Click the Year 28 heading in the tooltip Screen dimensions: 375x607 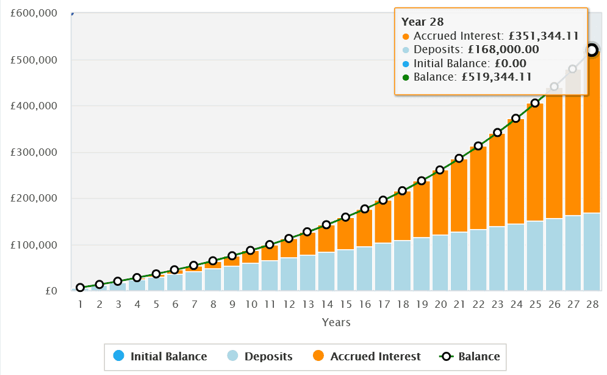(x=423, y=22)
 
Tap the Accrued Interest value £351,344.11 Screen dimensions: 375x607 (x=539, y=36)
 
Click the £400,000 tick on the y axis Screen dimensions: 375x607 (x=35, y=106)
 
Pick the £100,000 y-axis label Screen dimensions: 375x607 (x=35, y=245)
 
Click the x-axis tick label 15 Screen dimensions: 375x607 (x=345, y=304)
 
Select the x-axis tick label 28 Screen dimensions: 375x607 (x=591, y=304)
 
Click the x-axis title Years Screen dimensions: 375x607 (x=337, y=322)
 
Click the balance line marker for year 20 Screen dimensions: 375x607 (x=440, y=170)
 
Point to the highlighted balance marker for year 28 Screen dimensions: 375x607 (x=591, y=50)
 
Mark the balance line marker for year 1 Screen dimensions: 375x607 (x=80, y=288)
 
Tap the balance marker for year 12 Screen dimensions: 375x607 (x=289, y=238)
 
